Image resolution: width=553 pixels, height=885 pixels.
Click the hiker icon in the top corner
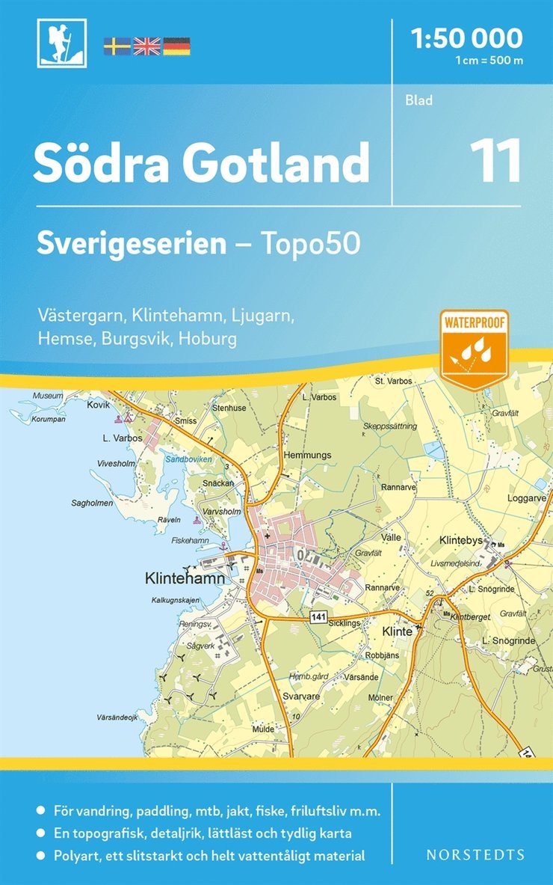pyautogui.click(x=62, y=43)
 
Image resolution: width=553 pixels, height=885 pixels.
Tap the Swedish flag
pyautogui.click(x=117, y=46)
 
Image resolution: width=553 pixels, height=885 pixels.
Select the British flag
pyautogui.click(x=146, y=46)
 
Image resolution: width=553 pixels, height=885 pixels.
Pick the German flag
pyautogui.click(x=176, y=46)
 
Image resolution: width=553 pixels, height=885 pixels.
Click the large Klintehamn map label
pyautogui.click(x=184, y=578)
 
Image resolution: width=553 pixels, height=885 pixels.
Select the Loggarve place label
pyautogui.click(x=526, y=496)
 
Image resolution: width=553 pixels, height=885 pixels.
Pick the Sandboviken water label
pyautogui.click(x=189, y=459)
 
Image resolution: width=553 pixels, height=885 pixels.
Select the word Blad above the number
pyautogui.click(x=419, y=100)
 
